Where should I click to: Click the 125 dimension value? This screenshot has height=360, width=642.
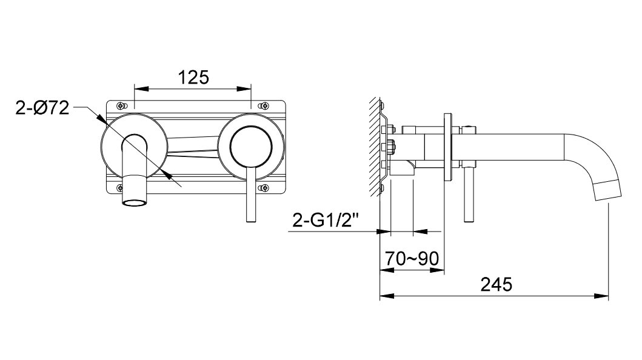(193, 78)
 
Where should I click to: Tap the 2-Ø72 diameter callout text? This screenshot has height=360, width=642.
(42, 108)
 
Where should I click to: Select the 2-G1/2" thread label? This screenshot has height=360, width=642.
(326, 221)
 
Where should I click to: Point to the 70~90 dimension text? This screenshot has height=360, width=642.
(412, 258)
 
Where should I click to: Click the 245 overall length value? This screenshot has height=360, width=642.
(497, 284)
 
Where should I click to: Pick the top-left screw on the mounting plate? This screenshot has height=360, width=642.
(121, 105)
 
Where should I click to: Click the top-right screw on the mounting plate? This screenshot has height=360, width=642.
(264, 105)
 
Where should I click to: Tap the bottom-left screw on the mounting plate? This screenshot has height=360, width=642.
(120, 188)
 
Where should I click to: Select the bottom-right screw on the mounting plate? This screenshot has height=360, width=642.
(264, 188)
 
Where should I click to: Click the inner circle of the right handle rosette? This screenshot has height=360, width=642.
(251, 147)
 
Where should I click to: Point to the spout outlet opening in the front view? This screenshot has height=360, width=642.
(135, 203)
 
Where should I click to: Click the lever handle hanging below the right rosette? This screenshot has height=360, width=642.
(251, 195)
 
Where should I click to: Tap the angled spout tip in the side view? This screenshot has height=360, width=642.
(607, 190)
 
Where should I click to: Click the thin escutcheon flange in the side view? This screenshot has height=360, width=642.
(448, 147)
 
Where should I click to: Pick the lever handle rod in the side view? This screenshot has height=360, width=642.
(469, 195)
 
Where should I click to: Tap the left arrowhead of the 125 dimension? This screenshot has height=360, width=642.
(141, 88)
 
